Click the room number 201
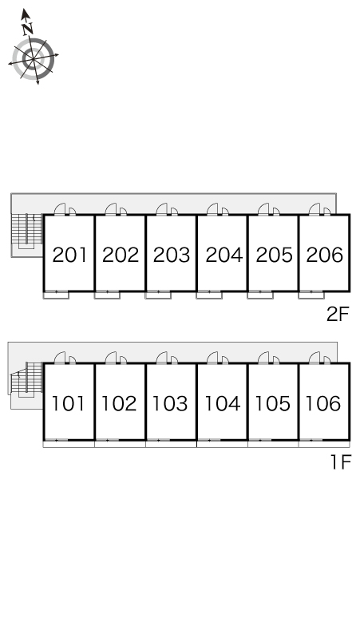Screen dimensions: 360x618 pos(69,255)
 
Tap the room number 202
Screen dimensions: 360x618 pos(121,255)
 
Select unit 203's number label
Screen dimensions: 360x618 pos(172,255)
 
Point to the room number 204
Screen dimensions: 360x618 pos(224,255)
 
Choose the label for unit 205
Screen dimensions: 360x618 pos(274,255)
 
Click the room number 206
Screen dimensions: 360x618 pos(325,255)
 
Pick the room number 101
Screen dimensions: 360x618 pos(68,403)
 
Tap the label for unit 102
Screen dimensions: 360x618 pos(119,403)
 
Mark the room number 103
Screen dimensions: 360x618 pos(170,403)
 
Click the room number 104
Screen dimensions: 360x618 pos(222,403)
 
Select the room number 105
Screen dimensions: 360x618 pos(272,403)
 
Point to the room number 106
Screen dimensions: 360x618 pos(323,403)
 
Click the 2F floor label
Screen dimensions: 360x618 pos(338,314)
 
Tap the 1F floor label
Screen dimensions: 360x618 pos(340,462)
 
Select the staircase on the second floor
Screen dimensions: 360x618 pos(27,230)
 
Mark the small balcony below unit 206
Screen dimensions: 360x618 pos(311,295)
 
